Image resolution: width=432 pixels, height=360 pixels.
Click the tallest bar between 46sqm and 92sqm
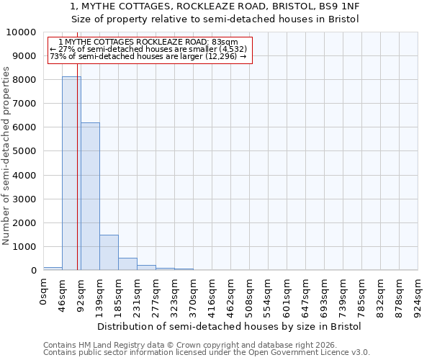71,173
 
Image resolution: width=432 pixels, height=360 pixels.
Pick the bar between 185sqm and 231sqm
127,264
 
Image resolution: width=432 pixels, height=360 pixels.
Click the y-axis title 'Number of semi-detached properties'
6,156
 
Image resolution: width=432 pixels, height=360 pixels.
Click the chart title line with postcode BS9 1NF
215,6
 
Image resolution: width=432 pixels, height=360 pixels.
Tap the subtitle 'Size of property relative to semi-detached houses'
215,19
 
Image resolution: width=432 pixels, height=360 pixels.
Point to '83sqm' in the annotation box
216,42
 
